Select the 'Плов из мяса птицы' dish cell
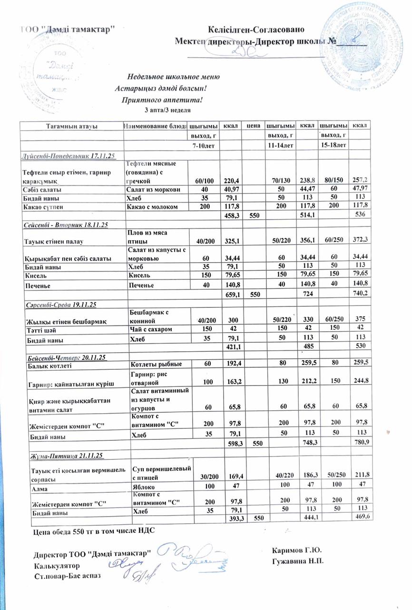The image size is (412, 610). click(x=148, y=236)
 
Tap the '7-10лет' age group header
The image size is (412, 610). click(x=203, y=144)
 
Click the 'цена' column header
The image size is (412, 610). click(x=253, y=126)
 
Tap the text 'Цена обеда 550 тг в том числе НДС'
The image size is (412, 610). click(x=93, y=530)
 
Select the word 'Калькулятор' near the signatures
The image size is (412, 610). click(x=57, y=566)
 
